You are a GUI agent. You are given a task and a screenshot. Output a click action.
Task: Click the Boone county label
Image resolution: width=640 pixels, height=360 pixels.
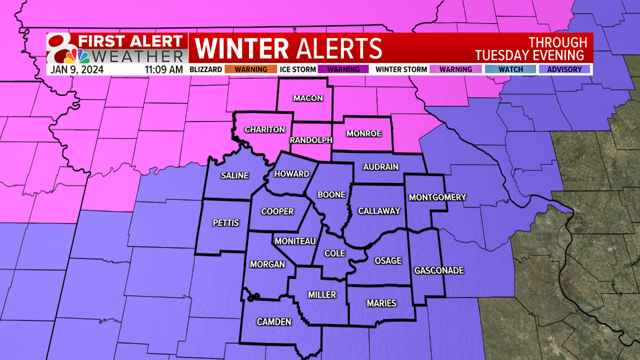click(x=331, y=195)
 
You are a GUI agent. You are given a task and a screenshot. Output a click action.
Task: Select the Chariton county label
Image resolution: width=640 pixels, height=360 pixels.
click(x=265, y=130)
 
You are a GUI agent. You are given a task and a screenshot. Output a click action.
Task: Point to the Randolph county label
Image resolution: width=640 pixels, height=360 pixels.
click(x=311, y=140)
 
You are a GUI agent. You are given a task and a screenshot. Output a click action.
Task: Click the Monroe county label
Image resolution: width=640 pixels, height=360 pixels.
click(x=364, y=133)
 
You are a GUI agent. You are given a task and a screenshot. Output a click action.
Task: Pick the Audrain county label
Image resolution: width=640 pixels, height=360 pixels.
click(x=381, y=167)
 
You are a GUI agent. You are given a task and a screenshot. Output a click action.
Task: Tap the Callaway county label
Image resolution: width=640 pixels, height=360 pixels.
click(x=379, y=211)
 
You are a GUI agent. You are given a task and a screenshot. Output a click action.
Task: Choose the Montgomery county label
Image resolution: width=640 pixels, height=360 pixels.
click(x=437, y=197)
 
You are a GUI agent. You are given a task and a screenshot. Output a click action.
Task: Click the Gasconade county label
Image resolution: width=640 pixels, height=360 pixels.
click(x=439, y=270)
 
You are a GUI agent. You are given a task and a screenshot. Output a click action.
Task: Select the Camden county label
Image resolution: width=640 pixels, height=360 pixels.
click(x=274, y=322)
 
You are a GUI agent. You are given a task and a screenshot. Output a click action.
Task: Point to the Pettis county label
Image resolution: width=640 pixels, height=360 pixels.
click(x=226, y=222)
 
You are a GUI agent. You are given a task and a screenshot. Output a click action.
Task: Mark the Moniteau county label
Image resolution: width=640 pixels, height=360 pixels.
click(x=295, y=242)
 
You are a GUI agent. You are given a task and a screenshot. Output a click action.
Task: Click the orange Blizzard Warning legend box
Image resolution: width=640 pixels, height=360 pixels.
click(x=251, y=69)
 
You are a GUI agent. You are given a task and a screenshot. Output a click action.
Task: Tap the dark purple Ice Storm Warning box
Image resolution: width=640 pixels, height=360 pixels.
click(x=343, y=69)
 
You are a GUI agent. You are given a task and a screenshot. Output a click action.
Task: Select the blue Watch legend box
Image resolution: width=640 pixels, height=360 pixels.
click(x=510, y=69)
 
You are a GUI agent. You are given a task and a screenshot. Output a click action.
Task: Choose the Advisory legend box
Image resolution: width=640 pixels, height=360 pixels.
click(x=564, y=69)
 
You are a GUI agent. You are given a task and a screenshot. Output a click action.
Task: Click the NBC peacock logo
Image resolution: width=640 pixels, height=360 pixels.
click(x=79, y=56)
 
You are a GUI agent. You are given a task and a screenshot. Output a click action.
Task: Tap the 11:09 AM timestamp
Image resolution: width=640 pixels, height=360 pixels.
click(x=164, y=69)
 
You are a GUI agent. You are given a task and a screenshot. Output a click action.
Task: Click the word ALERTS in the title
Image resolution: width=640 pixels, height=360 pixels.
click(x=337, y=48)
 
